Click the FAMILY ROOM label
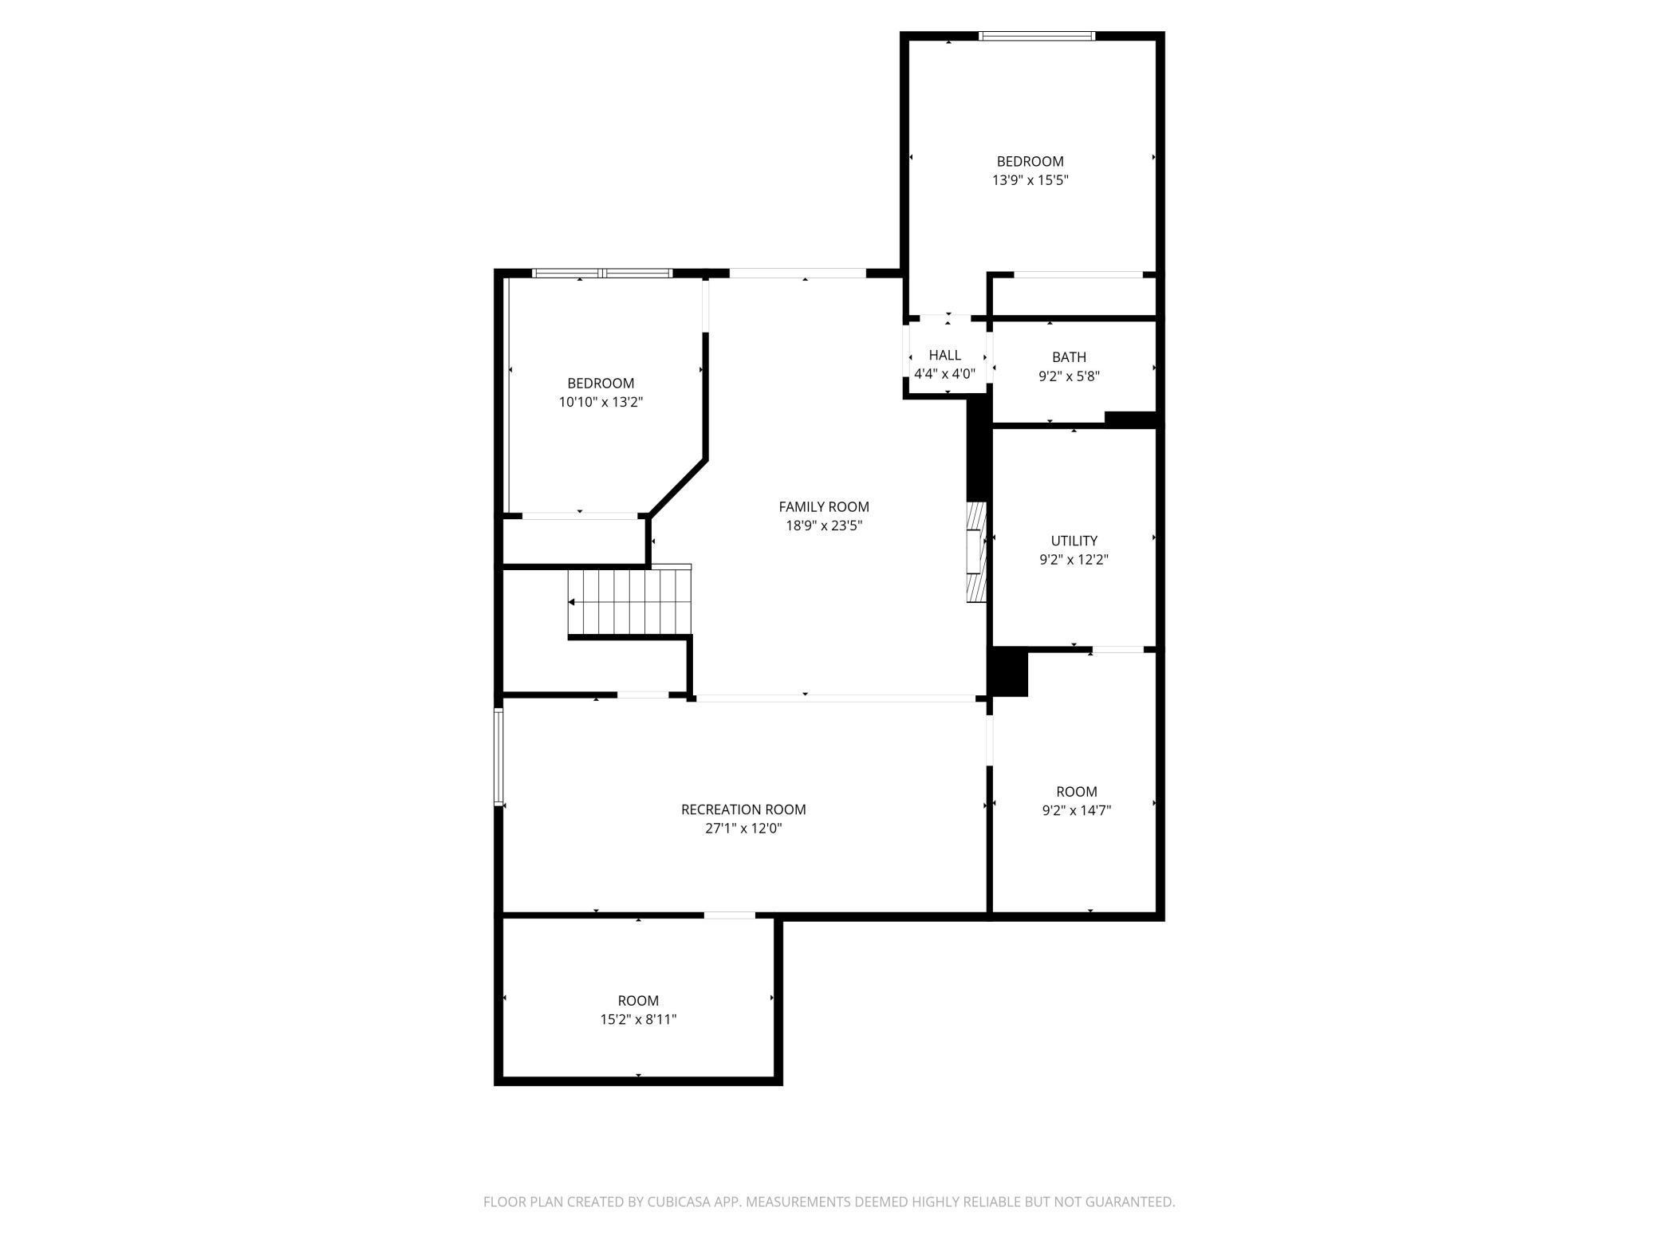click(824, 506)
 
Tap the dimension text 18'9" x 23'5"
click(824, 526)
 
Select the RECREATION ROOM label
click(743, 809)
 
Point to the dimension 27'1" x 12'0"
click(743, 829)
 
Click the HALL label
click(944, 355)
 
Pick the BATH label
click(1069, 357)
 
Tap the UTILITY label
click(1074, 541)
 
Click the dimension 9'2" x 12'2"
click(1074, 560)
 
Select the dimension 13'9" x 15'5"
click(1030, 180)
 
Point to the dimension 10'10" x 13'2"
click(601, 402)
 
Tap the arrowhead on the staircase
click(572, 602)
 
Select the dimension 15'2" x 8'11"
click(638, 1020)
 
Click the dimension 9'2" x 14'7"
click(1076, 811)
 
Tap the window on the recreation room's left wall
click(498, 756)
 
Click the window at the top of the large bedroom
click(1036, 36)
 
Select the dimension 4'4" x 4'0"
click(944, 374)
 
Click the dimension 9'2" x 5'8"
click(1069, 376)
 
